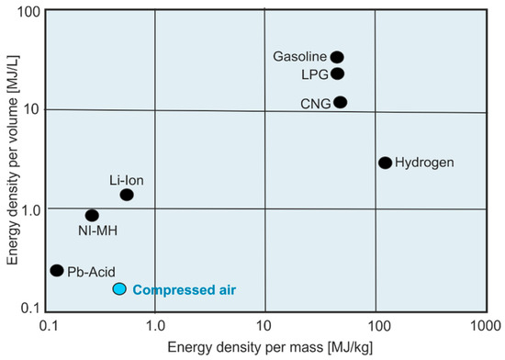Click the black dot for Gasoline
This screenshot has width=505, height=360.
pos(337,57)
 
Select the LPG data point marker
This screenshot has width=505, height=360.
pos(337,73)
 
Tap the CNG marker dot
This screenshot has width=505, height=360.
pos(340,102)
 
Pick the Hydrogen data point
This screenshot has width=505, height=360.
pos(385,163)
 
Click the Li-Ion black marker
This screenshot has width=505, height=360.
pos(127,195)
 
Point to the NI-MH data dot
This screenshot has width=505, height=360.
pos(92,216)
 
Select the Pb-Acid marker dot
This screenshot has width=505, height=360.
pos(56,270)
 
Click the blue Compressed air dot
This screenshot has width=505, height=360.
pos(118,289)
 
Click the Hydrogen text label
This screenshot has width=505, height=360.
pos(428,163)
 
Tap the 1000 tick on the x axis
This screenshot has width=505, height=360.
pos(484,326)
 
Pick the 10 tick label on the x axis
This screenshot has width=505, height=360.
pos(264,326)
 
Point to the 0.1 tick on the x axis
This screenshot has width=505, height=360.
pos(49,326)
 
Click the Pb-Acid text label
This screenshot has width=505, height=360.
pos(90,272)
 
